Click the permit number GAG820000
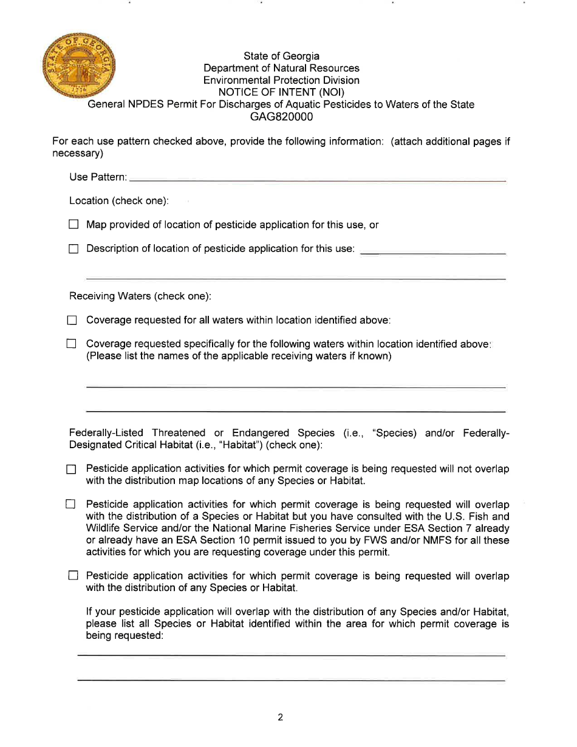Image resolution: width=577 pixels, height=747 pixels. (281, 117)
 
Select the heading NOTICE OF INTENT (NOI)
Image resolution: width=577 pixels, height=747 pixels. (281, 92)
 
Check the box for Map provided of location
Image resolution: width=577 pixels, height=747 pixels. (73, 225)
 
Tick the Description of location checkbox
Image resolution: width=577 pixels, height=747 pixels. (73, 248)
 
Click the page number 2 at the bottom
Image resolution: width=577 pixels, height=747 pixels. (281, 717)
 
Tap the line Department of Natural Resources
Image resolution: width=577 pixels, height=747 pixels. (281, 68)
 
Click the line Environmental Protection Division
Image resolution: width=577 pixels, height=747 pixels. (281, 80)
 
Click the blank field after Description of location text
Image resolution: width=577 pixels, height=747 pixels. (433, 250)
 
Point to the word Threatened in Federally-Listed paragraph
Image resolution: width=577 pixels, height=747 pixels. (179, 433)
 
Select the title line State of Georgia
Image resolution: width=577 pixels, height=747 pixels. (281, 56)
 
